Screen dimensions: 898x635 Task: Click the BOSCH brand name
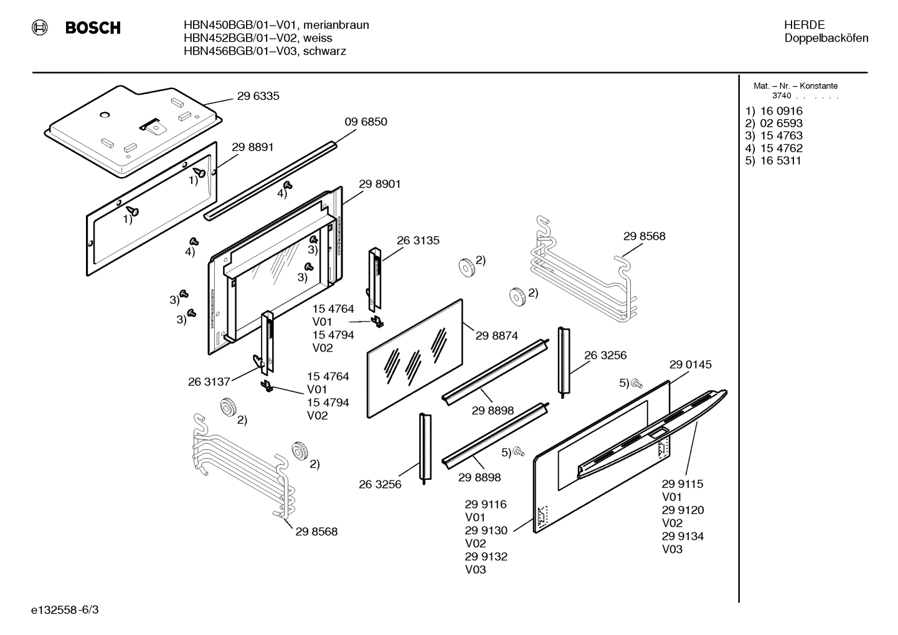pyautogui.click(x=93, y=27)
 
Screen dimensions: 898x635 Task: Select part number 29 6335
pyautogui.click(x=258, y=96)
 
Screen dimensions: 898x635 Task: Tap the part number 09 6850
pyautogui.click(x=366, y=122)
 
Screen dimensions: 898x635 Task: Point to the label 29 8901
pyautogui.click(x=380, y=184)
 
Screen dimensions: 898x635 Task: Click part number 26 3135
pyautogui.click(x=418, y=241)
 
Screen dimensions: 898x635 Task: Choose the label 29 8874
pyautogui.click(x=497, y=335)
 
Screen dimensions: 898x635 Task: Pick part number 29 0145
pyautogui.click(x=691, y=364)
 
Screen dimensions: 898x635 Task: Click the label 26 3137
pyautogui.click(x=209, y=381)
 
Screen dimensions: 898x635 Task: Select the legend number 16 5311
pyautogui.click(x=781, y=160)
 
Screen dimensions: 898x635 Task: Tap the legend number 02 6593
pyautogui.click(x=782, y=123)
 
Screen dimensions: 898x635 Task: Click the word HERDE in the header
pyautogui.click(x=805, y=25)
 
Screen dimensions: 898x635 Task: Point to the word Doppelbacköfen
pyautogui.click(x=826, y=38)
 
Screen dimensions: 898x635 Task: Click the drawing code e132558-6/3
pyautogui.click(x=65, y=609)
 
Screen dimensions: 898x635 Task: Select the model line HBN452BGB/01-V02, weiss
pyautogui.click(x=258, y=38)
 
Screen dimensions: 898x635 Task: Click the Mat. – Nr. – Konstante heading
pyautogui.click(x=795, y=86)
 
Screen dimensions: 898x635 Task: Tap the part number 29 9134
pyautogui.click(x=683, y=536)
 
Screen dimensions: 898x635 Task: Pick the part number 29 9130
pyautogui.click(x=486, y=530)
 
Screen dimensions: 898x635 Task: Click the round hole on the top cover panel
pyautogui.click(x=104, y=115)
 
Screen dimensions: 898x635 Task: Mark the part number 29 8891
pyautogui.click(x=253, y=147)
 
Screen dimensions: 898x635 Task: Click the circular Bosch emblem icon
pyautogui.click(x=40, y=27)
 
